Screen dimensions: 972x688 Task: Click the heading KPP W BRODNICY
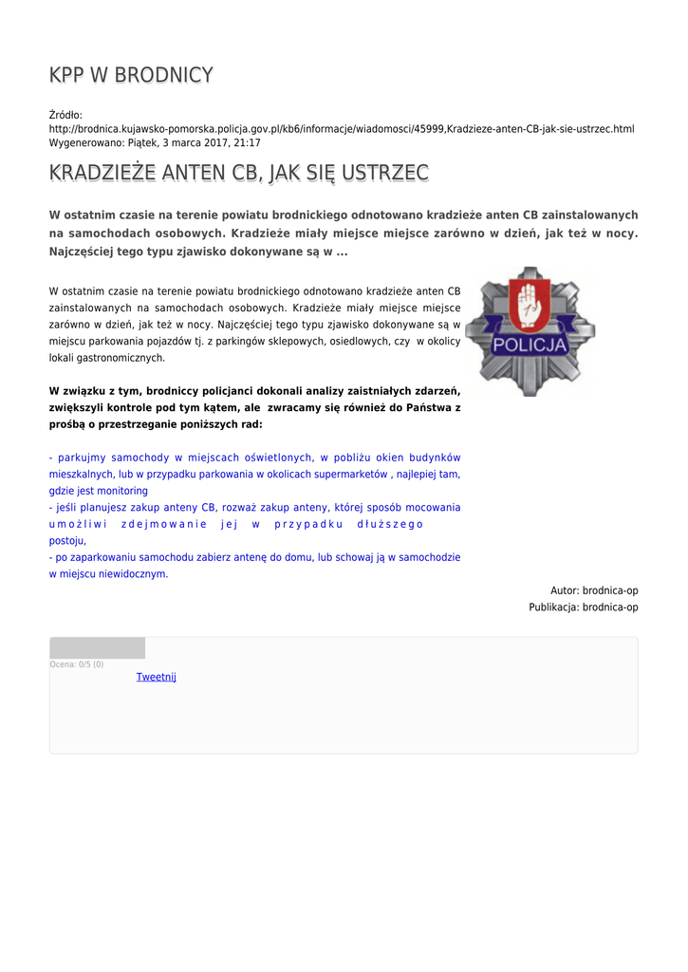point(131,75)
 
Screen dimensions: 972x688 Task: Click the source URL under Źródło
point(342,128)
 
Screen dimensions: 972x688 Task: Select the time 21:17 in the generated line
point(248,142)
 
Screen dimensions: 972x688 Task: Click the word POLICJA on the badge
point(530,344)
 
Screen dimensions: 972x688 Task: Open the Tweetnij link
point(156,677)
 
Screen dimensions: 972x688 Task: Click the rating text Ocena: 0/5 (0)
point(77,664)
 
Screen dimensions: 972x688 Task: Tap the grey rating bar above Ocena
point(97,648)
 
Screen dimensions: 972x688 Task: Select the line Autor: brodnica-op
point(594,590)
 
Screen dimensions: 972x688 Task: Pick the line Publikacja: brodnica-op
point(584,607)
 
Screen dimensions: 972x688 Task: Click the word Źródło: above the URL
point(65,115)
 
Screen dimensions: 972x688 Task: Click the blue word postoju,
point(67,540)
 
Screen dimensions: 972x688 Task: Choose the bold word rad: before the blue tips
point(251,424)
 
